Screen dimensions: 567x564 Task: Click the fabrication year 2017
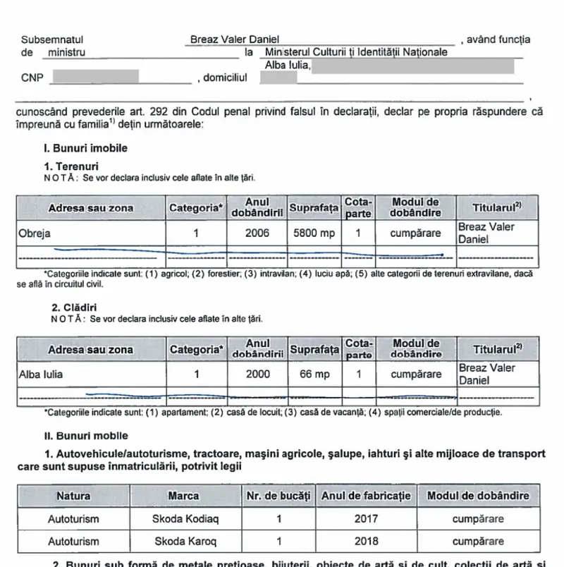coord(366,519)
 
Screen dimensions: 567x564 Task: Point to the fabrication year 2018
coord(366,542)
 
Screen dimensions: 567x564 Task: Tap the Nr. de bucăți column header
coord(278,496)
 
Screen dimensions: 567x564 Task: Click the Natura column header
coord(73,496)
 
